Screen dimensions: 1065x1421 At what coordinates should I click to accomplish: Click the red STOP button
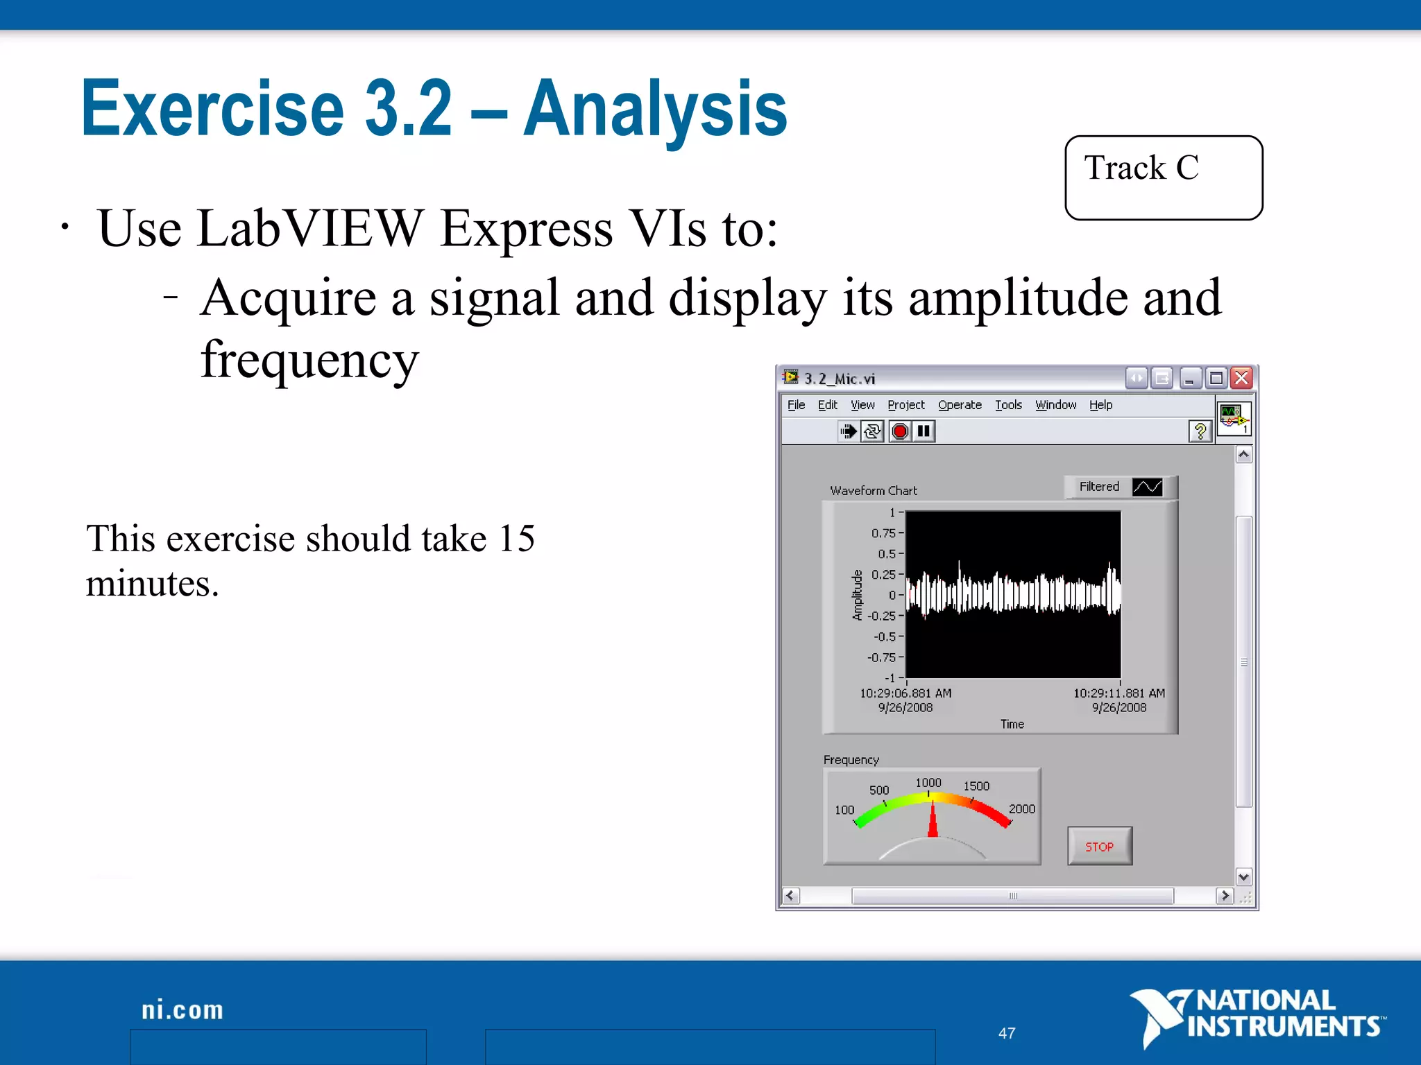(x=1099, y=846)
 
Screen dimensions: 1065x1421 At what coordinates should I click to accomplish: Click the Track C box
(x=1163, y=177)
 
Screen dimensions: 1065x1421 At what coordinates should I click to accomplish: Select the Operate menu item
(x=960, y=405)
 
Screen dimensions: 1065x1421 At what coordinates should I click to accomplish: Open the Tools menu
(x=1008, y=405)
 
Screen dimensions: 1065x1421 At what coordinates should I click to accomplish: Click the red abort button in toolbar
(x=900, y=431)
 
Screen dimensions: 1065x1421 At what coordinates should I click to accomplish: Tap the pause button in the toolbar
(x=924, y=431)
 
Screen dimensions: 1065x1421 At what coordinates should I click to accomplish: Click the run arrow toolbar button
(x=848, y=431)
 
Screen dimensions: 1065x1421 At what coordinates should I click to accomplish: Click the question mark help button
(x=1200, y=431)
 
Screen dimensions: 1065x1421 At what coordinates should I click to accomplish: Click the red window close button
(x=1241, y=378)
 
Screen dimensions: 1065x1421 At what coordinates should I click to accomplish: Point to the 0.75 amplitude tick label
(x=883, y=533)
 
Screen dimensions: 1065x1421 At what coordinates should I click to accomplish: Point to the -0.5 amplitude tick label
(x=885, y=637)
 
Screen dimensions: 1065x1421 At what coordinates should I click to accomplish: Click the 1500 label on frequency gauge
(x=976, y=786)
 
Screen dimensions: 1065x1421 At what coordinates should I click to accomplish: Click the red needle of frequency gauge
(x=933, y=822)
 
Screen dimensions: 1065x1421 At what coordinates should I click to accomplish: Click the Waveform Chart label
(x=873, y=490)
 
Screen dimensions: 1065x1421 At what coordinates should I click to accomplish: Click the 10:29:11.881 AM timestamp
(x=1118, y=693)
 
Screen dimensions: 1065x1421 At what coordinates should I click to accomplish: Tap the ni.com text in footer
(x=182, y=1010)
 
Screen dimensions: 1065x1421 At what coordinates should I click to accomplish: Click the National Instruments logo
(x=1256, y=1015)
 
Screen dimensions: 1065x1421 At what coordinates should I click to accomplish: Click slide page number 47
(x=1006, y=1033)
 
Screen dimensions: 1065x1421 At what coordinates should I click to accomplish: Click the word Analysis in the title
(x=655, y=109)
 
